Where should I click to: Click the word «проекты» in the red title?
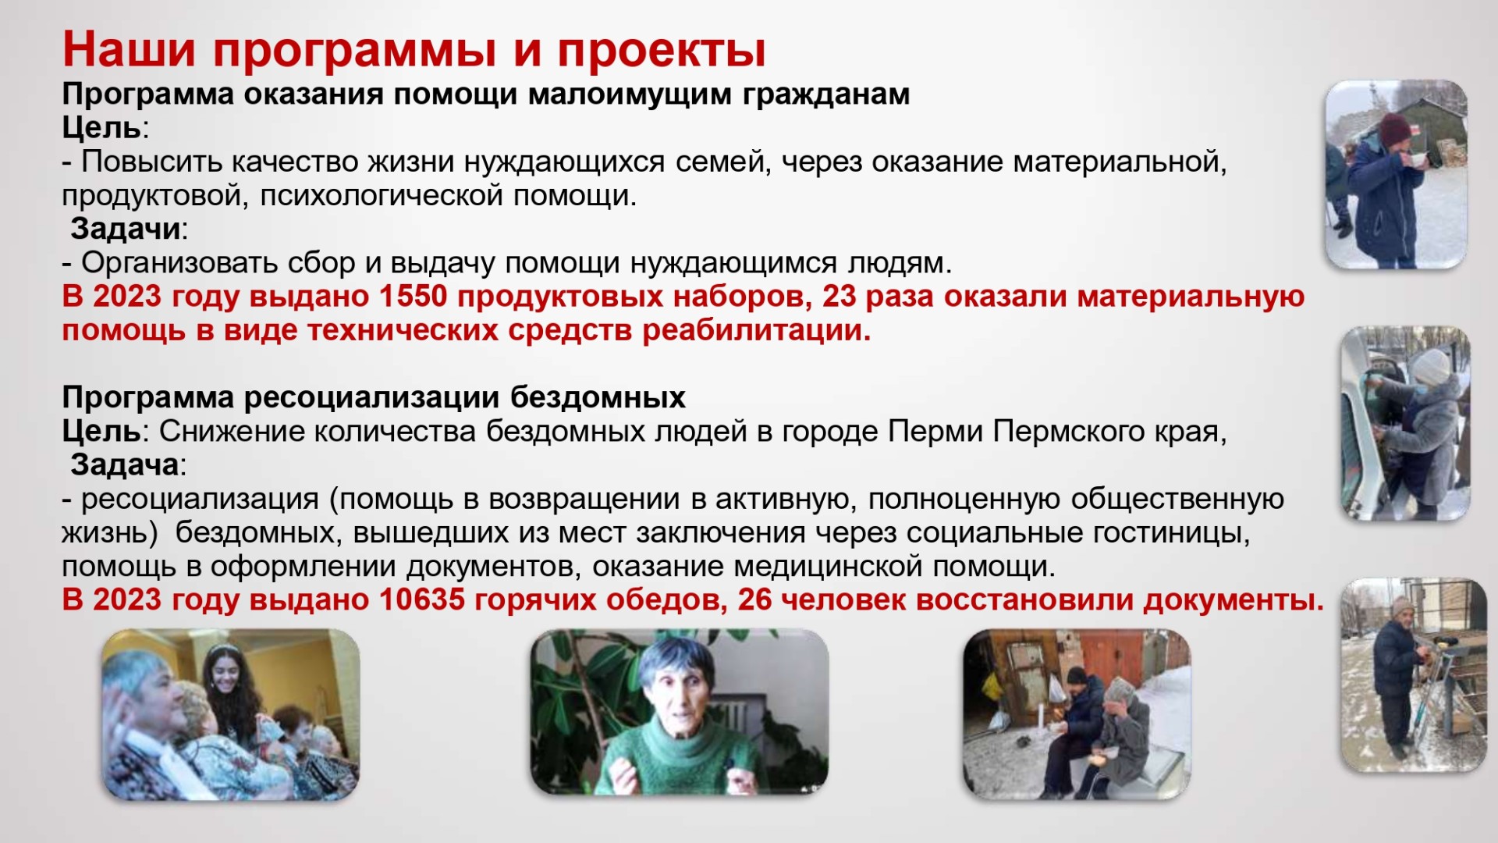tap(662, 50)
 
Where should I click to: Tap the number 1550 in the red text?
tap(414, 297)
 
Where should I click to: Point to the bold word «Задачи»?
tap(126, 229)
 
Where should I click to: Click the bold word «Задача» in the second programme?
tap(125, 465)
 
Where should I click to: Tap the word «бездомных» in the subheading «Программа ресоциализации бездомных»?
tap(598, 397)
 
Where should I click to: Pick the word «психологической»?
tap(382, 195)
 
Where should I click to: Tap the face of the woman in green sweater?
tap(672, 690)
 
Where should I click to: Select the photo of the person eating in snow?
tap(1395, 175)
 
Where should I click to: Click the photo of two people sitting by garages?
tap(1077, 713)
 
